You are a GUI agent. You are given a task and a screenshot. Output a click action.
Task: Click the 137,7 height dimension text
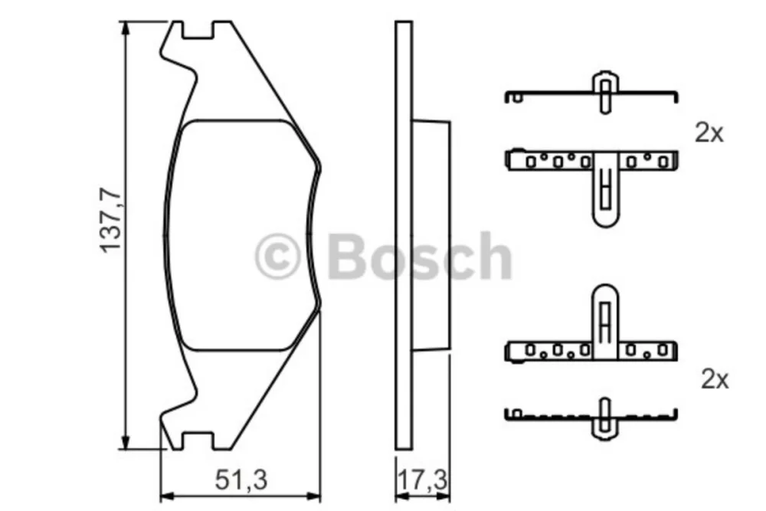point(110,220)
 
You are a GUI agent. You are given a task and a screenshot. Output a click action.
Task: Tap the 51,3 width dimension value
point(241,480)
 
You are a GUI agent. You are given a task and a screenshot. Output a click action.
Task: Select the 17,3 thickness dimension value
point(423,480)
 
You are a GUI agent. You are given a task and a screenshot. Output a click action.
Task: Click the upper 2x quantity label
point(709,133)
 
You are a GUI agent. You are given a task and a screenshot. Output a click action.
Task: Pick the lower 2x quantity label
point(715,379)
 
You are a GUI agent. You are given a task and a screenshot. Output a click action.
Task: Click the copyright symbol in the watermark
point(277,256)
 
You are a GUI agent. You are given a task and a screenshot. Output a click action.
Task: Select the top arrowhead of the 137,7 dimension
point(126,28)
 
